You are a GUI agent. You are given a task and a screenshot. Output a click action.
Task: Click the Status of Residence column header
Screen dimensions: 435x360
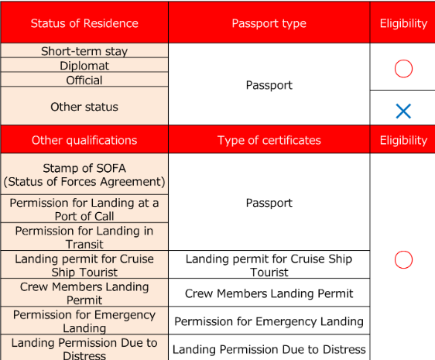(84, 23)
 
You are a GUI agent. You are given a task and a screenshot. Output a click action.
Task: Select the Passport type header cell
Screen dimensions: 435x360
(269, 23)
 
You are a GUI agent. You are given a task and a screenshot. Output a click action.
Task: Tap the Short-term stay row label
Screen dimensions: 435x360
(84, 51)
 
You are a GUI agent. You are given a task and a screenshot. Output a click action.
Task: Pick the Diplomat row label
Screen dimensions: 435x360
(84, 66)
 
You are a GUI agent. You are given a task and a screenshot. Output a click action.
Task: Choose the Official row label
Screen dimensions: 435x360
(84, 80)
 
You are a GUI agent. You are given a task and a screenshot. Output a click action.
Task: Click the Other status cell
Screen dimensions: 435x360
(84, 106)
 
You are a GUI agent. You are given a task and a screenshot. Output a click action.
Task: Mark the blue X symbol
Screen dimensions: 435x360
(403, 111)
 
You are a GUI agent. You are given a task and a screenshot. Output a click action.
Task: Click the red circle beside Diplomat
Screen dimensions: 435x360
(403, 69)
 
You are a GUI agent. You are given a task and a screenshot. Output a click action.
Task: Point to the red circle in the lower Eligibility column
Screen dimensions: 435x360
(403, 259)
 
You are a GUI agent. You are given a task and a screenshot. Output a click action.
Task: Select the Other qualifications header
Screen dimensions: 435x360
(84, 140)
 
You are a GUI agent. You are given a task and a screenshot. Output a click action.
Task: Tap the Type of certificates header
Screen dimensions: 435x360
(269, 140)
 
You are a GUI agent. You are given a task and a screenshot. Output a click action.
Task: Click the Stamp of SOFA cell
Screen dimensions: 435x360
(84, 175)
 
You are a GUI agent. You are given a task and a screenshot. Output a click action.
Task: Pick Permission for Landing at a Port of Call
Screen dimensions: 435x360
(84, 209)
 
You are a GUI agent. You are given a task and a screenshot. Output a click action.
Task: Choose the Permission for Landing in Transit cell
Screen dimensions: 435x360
(84, 237)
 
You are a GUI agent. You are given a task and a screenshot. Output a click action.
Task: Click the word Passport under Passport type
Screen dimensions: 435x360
(269, 85)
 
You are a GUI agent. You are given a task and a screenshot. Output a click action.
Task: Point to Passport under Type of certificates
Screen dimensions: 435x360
(269, 203)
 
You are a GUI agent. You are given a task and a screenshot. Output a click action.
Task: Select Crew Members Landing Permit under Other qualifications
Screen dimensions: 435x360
(84, 293)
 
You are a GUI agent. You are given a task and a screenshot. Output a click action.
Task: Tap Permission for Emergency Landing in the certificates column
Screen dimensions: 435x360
(269, 321)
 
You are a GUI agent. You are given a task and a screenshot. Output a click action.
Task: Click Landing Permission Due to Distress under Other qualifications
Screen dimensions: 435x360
(84, 348)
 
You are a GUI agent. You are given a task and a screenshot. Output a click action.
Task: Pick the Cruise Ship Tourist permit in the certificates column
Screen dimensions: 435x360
(269, 266)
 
